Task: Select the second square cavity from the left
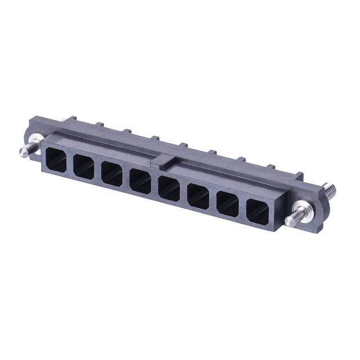click(x=83, y=166)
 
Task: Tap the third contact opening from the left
click(x=111, y=173)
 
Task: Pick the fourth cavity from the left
click(x=139, y=181)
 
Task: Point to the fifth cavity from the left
click(x=168, y=188)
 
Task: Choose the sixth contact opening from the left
click(x=198, y=196)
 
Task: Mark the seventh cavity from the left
click(x=227, y=204)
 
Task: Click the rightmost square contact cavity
click(x=258, y=211)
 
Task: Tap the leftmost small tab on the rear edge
click(x=71, y=119)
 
